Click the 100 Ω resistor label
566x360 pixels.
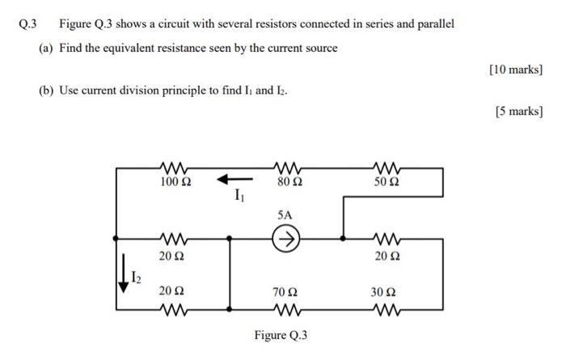[175, 183]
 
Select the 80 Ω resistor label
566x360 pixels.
[289, 183]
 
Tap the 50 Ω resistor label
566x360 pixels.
[386, 183]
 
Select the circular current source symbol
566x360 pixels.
[285, 239]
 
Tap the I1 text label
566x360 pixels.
[238, 196]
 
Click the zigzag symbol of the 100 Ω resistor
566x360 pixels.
[175, 168]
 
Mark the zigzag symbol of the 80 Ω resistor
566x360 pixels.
[289, 168]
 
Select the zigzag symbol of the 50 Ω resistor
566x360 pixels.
[387, 168]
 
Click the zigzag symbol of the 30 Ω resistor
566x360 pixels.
[387, 307]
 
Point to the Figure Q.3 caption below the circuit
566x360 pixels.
[281, 336]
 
